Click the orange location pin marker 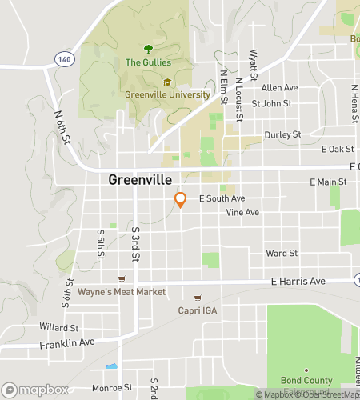(181, 199)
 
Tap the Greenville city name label (142, 181)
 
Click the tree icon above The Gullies (147, 49)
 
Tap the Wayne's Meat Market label (122, 292)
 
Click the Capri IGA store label (197, 310)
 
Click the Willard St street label (59, 327)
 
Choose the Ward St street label (282, 253)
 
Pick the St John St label (271, 103)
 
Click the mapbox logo (34, 390)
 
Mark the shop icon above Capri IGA (198, 298)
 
